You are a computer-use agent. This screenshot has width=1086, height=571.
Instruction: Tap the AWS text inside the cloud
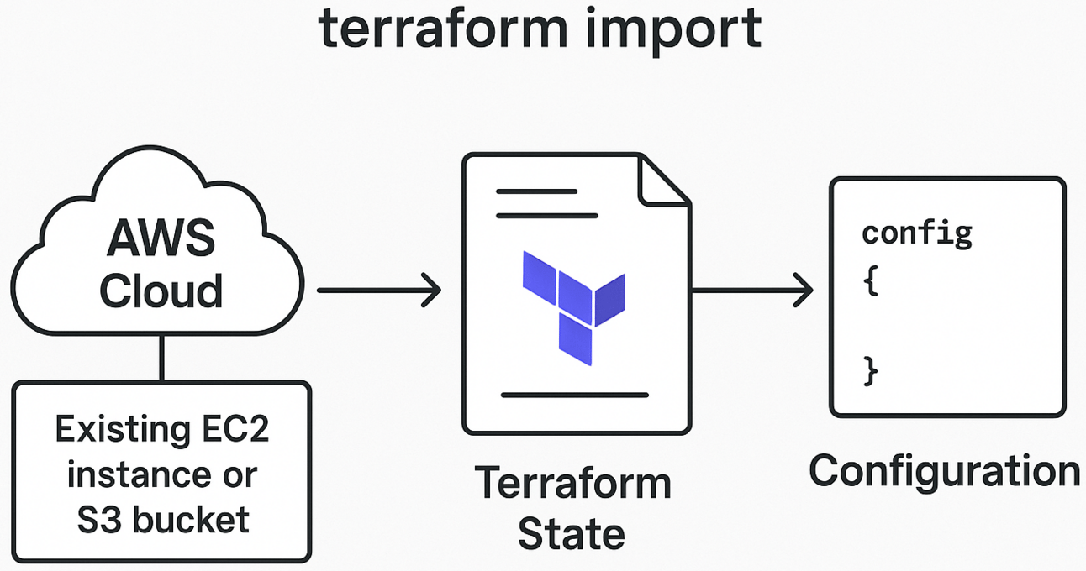tap(161, 239)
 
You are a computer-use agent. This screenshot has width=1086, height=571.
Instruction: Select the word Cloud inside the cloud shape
tap(161, 291)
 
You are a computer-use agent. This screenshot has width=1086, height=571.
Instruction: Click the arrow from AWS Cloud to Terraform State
tap(379, 291)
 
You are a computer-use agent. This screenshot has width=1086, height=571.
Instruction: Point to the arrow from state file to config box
tap(751, 291)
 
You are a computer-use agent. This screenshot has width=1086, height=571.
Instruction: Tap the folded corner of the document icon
tap(664, 181)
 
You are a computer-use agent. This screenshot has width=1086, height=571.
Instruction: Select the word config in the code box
tap(916, 233)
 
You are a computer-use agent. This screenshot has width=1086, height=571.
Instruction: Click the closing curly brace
tap(871, 370)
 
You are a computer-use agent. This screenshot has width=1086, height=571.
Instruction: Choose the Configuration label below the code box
tap(944, 471)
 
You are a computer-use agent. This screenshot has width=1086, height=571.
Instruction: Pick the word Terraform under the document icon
tap(572, 484)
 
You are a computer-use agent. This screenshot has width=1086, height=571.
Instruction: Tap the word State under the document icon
tap(572, 534)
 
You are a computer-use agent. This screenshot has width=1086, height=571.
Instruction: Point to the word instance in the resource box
tap(128, 474)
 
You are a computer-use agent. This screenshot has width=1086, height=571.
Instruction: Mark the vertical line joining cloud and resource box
tap(161, 358)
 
